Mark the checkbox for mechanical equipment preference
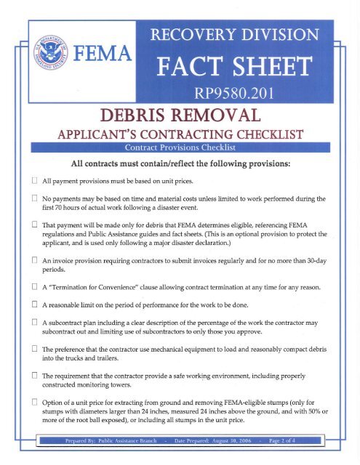[x=24, y=357]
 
